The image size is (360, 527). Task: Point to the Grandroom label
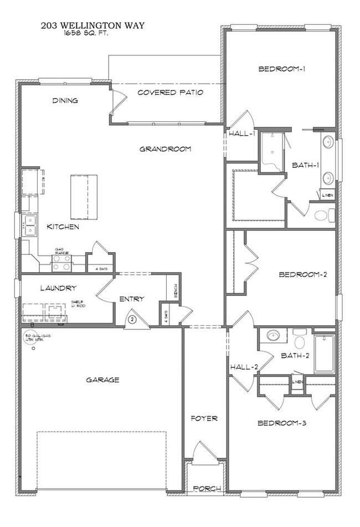(x=165, y=149)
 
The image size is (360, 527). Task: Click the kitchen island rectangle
(x=84, y=197)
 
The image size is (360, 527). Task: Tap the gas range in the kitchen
(x=61, y=262)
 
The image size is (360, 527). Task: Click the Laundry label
(x=58, y=288)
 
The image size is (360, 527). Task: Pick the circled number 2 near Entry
(x=132, y=319)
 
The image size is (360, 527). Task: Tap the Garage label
(x=102, y=380)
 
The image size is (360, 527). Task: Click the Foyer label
(x=205, y=418)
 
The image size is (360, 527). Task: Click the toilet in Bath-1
(x=324, y=214)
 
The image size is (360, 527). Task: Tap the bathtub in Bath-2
(x=324, y=354)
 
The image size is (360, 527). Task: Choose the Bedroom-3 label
(x=282, y=423)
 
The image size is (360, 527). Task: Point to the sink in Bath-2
(x=272, y=336)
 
